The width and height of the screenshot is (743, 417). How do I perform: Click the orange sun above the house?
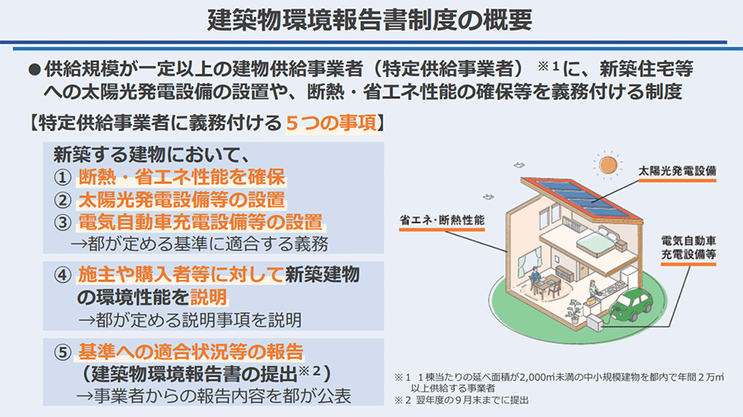pos(608,165)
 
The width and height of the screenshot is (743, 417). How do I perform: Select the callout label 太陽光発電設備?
pos(677,171)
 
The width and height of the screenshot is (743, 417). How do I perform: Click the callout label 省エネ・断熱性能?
pos(442,220)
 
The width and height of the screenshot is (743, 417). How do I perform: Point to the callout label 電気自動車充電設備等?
pos(689,248)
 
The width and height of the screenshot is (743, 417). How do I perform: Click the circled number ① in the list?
pos(62,178)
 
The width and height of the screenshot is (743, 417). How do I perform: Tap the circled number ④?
pos(62,275)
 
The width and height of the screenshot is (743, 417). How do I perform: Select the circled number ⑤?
pos(62,353)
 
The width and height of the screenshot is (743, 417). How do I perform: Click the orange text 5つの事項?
pos(331,123)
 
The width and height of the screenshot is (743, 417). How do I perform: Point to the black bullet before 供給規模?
pos(34,69)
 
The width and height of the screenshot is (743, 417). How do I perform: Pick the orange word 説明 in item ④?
pos(209,297)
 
